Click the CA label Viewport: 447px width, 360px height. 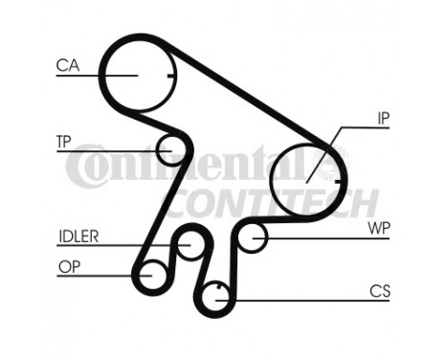point(67,65)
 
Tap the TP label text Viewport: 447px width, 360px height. point(64,141)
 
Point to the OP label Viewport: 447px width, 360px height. point(68,267)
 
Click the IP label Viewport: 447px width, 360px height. point(382,118)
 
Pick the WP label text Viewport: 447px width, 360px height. point(379,229)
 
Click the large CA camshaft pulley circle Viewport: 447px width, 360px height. point(136,74)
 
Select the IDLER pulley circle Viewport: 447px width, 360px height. point(190,246)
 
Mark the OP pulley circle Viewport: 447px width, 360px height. point(150,277)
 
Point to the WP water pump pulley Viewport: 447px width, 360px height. point(252,236)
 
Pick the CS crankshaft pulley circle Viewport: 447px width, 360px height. point(218,296)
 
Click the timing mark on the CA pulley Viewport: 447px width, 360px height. point(168,76)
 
